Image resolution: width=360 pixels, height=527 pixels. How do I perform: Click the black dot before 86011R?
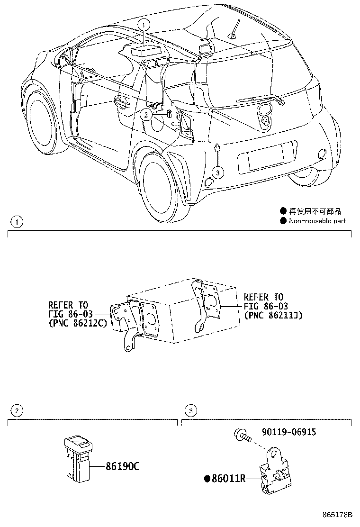[207, 479]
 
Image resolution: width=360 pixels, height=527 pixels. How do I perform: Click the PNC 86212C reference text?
[79, 324]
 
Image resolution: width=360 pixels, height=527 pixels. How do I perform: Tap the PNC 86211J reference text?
[273, 315]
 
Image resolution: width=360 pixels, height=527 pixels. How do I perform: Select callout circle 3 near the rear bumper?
[217, 173]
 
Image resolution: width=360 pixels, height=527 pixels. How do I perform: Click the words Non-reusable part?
[317, 221]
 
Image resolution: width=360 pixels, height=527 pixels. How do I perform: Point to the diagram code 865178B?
[339, 515]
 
